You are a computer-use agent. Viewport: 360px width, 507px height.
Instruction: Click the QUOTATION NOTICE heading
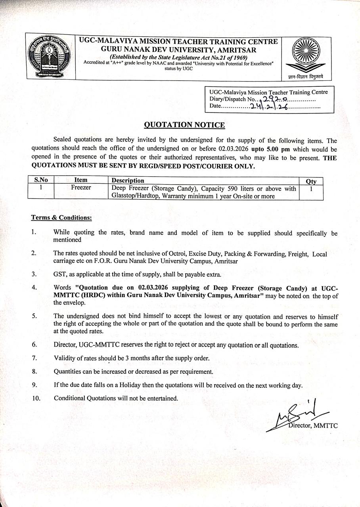pyautogui.click(x=184, y=125)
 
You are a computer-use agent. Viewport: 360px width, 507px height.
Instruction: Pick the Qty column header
pyautogui.click(x=311, y=181)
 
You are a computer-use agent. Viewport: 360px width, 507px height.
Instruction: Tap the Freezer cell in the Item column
pyautogui.click(x=81, y=188)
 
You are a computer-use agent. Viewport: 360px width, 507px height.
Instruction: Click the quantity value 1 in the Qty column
pyautogui.click(x=311, y=189)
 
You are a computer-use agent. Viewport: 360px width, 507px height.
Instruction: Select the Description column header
pyautogui.click(x=128, y=181)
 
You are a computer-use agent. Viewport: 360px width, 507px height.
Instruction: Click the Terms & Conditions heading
pyautogui.click(x=61, y=217)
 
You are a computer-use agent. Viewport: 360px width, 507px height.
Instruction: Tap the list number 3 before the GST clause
pyautogui.click(x=34, y=274)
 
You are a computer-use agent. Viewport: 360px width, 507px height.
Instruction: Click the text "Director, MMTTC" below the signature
pyautogui.click(x=313, y=426)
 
